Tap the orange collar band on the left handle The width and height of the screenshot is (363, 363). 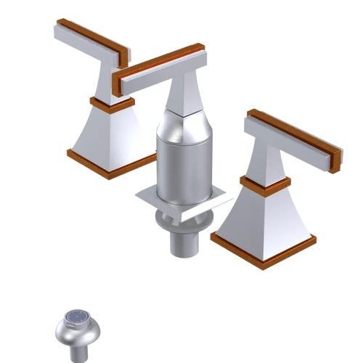pos(109,103)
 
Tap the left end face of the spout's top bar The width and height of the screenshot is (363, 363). pos(125,83)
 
